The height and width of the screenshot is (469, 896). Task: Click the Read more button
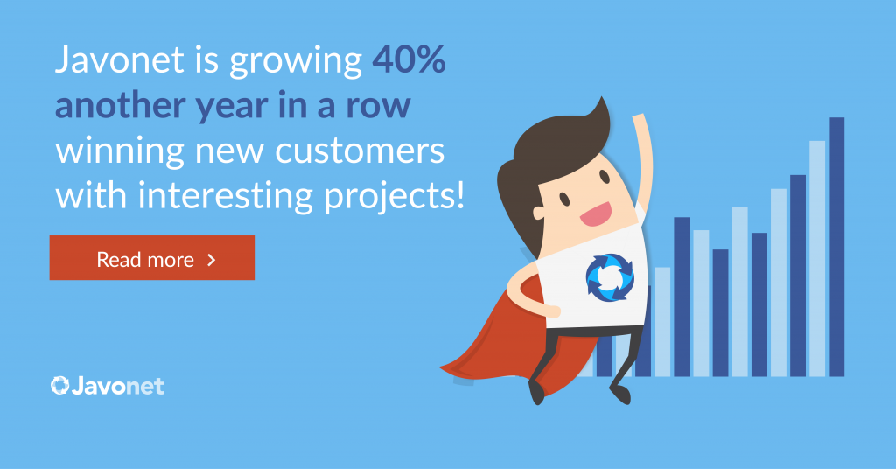(152, 257)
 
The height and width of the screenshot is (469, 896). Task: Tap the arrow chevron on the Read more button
(212, 260)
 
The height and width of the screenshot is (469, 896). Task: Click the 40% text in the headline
(409, 59)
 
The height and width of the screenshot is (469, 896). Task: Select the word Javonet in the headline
(119, 59)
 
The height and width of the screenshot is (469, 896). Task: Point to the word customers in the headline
(360, 150)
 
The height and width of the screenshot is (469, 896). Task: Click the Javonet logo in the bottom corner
(107, 386)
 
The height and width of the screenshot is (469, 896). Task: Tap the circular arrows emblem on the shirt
(610, 277)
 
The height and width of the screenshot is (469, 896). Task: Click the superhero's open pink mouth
(596, 214)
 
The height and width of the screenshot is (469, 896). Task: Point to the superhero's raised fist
(640, 122)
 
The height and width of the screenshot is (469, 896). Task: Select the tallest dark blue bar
(836, 247)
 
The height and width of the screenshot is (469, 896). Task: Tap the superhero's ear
(539, 213)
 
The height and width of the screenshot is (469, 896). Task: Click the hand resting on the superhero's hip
(549, 311)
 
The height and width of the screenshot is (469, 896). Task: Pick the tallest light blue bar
(817, 258)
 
